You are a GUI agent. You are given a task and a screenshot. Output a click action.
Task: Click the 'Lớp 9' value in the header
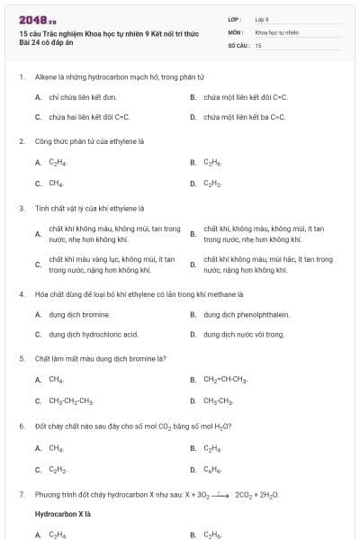(262, 18)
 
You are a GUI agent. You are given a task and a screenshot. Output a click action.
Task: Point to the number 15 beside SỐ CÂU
(258, 45)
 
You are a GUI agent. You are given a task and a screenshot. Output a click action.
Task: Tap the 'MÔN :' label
(235, 31)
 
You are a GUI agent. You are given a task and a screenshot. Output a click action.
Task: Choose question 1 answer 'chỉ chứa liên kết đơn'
(83, 96)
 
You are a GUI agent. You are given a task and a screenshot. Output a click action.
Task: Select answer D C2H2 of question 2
(212, 184)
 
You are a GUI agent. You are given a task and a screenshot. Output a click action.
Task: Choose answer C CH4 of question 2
(56, 184)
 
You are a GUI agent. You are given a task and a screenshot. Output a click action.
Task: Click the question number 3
(22, 208)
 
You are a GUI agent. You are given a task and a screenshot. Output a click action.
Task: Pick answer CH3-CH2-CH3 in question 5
(71, 400)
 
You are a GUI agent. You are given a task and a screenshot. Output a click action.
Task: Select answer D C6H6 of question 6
(212, 468)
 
